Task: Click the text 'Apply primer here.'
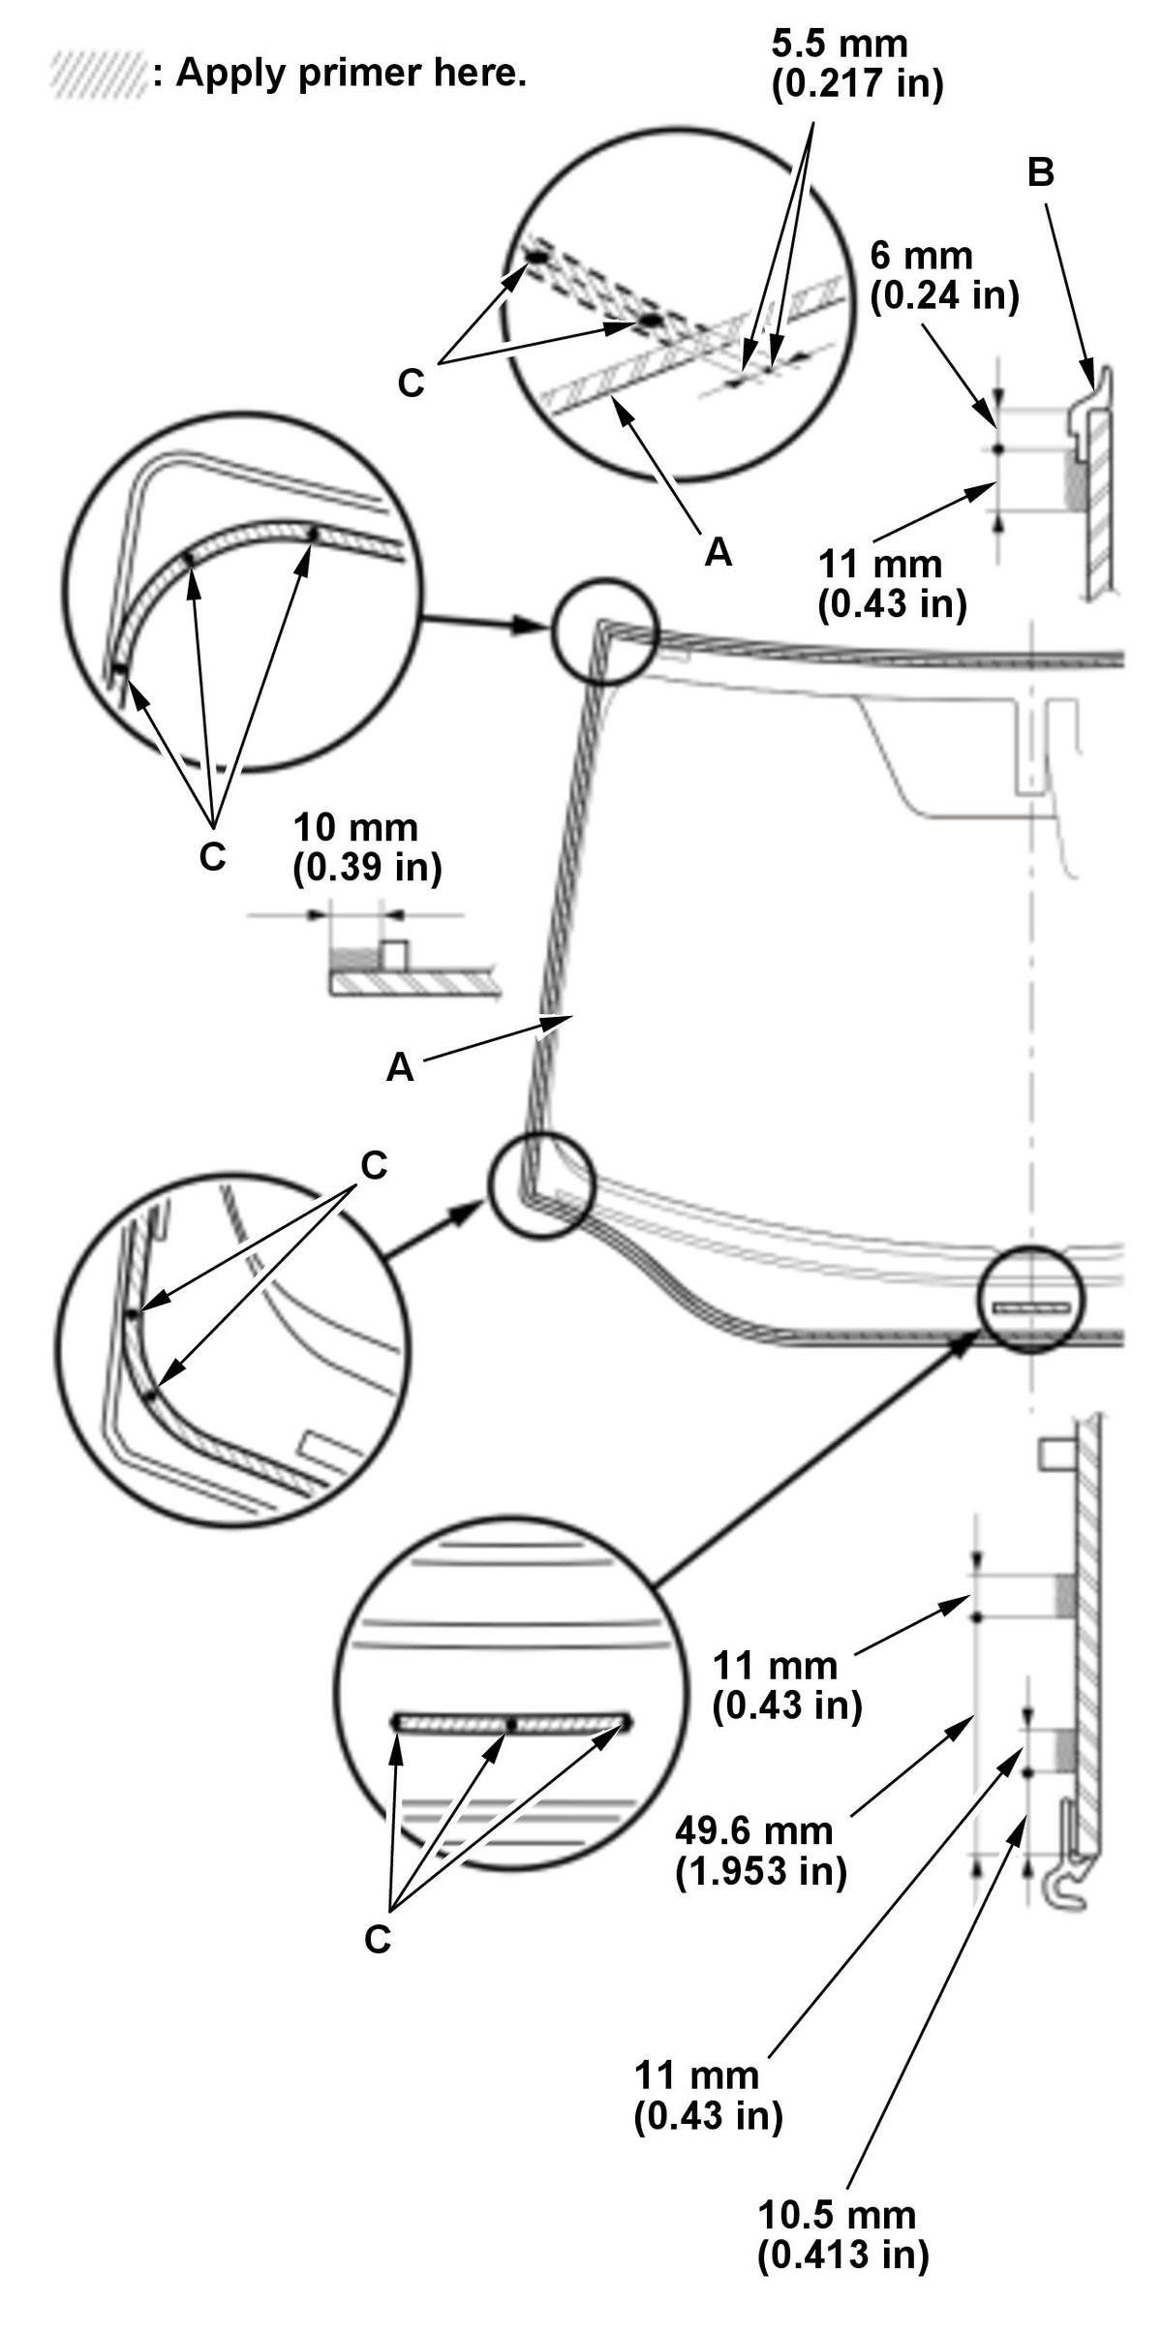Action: pyautogui.click(x=352, y=73)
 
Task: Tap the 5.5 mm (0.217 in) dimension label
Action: pyautogui.click(x=857, y=64)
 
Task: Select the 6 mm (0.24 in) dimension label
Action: pyautogui.click(x=944, y=276)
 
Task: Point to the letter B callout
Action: pyautogui.click(x=1041, y=172)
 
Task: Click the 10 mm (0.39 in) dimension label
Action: pyautogui.click(x=367, y=847)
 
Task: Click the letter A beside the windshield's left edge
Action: pyautogui.click(x=400, y=1067)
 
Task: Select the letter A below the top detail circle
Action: pyautogui.click(x=718, y=552)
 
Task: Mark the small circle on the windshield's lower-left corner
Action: pyautogui.click(x=539, y=1183)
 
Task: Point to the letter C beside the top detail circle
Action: pyautogui.click(x=411, y=384)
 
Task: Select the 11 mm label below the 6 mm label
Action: pyautogui.click(x=892, y=584)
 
